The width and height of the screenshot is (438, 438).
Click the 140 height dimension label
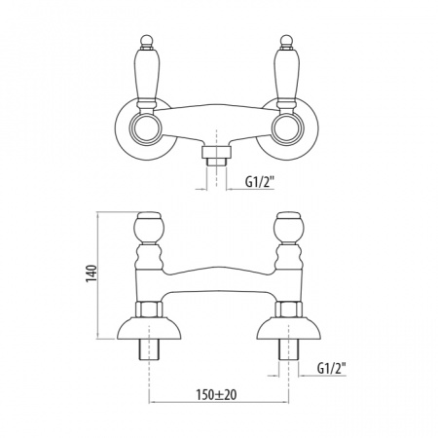(x=91, y=274)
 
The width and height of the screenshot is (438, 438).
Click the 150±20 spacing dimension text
(x=216, y=394)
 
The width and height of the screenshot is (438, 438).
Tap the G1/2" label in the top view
(x=260, y=182)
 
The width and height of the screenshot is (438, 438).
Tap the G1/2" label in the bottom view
(x=332, y=369)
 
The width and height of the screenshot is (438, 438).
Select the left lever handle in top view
(x=147, y=76)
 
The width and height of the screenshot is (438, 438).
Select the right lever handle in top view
(x=286, y=76)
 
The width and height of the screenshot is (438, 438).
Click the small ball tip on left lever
(x=146, y=41)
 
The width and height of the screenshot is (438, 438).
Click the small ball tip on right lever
(x=285, y=41)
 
